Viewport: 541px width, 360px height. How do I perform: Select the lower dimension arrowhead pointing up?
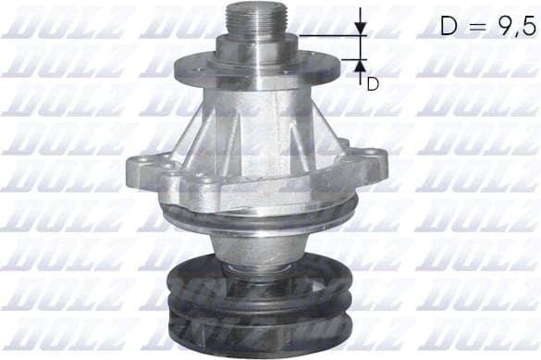click(x=361, y=65)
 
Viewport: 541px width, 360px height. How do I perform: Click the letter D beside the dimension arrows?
click(x=373, y=84)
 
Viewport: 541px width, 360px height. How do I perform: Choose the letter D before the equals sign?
click(x=449, y=26)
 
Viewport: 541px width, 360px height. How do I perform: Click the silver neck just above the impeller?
click(x=250, y=245)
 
